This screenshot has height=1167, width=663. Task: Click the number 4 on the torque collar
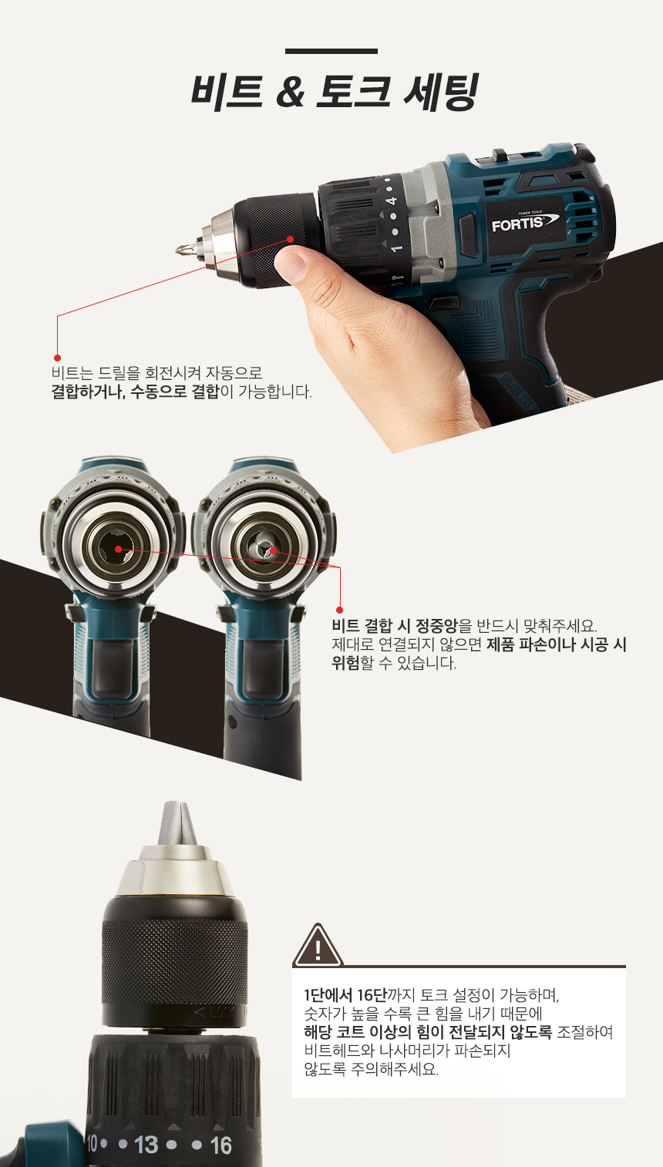pos(392,200)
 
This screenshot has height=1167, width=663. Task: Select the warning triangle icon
pos(318,945)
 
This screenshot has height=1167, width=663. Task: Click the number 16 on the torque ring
pos(221,1146)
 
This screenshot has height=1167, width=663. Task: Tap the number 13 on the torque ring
pos(146,1145)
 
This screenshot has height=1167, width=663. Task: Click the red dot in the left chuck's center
pos(118,549)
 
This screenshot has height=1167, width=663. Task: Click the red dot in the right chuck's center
pos(273,550)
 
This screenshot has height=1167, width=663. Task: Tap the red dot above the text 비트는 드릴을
pos(57,358)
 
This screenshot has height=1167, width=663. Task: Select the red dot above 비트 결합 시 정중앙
pos(339,610)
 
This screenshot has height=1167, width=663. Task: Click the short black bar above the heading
pos(331,51)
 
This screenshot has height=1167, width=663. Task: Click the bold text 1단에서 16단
pos(345,995)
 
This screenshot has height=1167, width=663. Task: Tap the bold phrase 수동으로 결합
pos(174,392)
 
